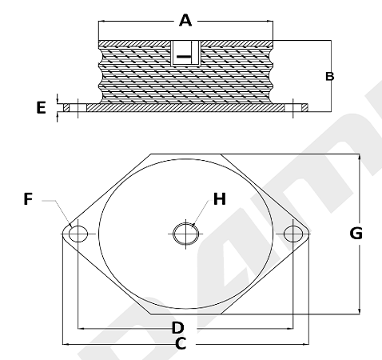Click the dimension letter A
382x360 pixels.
click(185, 21)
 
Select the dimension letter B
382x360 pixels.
click(330, 76)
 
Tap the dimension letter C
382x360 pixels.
click(181, 343)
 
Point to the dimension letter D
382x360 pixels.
click(178, 328)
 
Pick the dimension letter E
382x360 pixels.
click(41, 108)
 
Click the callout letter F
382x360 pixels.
click(28, 199)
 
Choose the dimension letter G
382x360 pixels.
click(356, 234)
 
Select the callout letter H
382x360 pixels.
click(220, 199)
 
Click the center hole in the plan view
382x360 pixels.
click(186, 234)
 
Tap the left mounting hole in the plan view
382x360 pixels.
click(78, 234)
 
